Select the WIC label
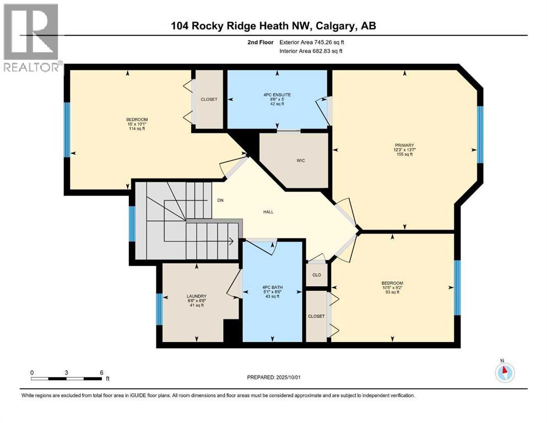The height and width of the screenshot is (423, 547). coord(300,161)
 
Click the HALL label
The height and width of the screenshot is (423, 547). coord(268,211)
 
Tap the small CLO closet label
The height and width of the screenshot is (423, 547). coord(316,274)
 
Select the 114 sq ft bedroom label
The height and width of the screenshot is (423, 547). coord(137,124)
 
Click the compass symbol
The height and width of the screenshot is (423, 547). coord(504,373)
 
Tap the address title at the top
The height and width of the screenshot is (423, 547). coord(273,26)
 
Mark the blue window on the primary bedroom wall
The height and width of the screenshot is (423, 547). coord(480,134)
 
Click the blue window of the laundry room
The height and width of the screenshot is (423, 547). coord(159,310)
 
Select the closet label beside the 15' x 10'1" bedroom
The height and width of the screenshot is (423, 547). coord(209,100)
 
